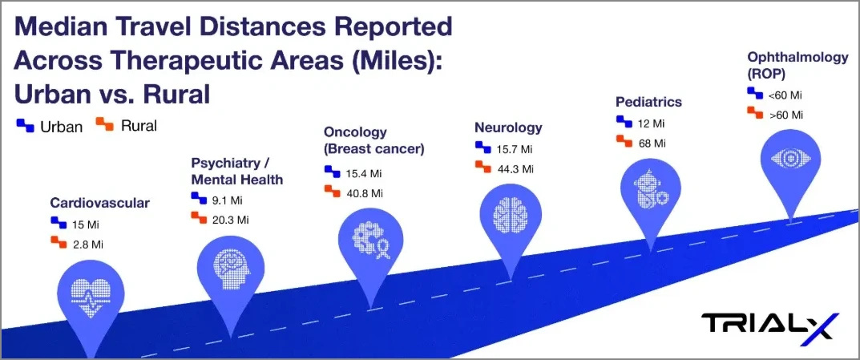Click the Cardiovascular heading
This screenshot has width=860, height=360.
100,203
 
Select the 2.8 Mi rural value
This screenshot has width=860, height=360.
87,244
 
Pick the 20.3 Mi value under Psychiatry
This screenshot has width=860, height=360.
230,220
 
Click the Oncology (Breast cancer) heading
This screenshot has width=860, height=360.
374,140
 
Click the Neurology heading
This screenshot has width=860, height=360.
508,127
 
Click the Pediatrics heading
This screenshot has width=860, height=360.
649,102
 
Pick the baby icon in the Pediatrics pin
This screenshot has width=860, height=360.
651,189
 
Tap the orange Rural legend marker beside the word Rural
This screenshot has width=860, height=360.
105,125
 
